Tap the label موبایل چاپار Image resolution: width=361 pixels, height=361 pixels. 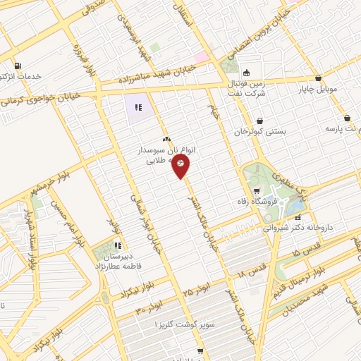pyautogui.click(x=321, y=90)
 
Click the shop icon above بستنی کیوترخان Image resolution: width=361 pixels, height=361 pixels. pyautogui.click(x=260, y=121)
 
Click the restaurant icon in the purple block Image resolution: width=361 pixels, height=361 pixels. pyautogui.click(x=138, y=108)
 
